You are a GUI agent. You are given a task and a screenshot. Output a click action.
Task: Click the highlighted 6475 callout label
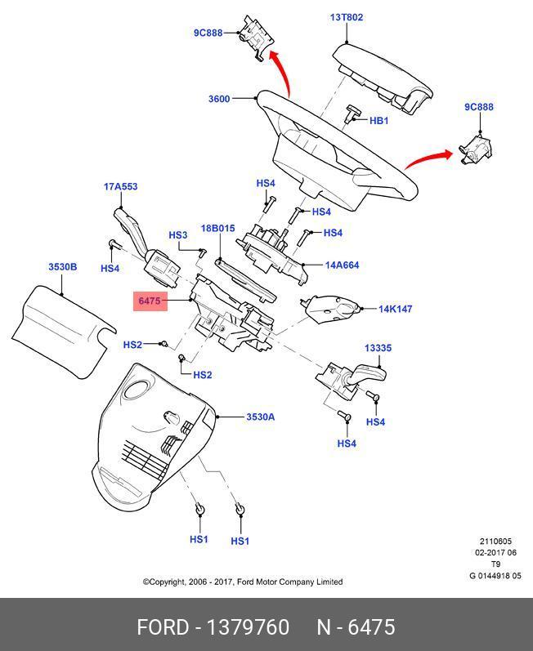coord(150,301)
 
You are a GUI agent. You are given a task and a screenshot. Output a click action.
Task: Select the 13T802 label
coord(347,17)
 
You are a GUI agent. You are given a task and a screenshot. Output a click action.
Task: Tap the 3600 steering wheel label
coord(219,99)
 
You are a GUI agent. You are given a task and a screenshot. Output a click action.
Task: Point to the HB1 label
coord(378,121)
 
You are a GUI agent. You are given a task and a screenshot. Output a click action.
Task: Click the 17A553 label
coord(120,187)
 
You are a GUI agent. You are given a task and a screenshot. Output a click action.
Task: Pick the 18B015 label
coord(217,229)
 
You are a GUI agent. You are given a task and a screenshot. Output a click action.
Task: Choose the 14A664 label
coord(342,265)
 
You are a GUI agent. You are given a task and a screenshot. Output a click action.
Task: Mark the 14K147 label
coord(395,309)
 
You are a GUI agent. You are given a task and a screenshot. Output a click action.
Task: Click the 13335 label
coord(378,348)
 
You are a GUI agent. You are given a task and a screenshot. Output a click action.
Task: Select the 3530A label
coord(261,417)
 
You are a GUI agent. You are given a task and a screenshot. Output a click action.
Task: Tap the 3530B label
coord(63,267)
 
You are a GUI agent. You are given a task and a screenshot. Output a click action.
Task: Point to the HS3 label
coord(178,235)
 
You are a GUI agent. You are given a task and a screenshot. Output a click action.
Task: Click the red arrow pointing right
coord(428,158)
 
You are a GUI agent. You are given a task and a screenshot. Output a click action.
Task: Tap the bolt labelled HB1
coord(351,114)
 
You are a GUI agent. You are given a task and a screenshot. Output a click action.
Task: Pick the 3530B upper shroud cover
coord(62,330)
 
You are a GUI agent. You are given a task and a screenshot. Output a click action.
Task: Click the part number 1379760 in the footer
coord(248,627)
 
